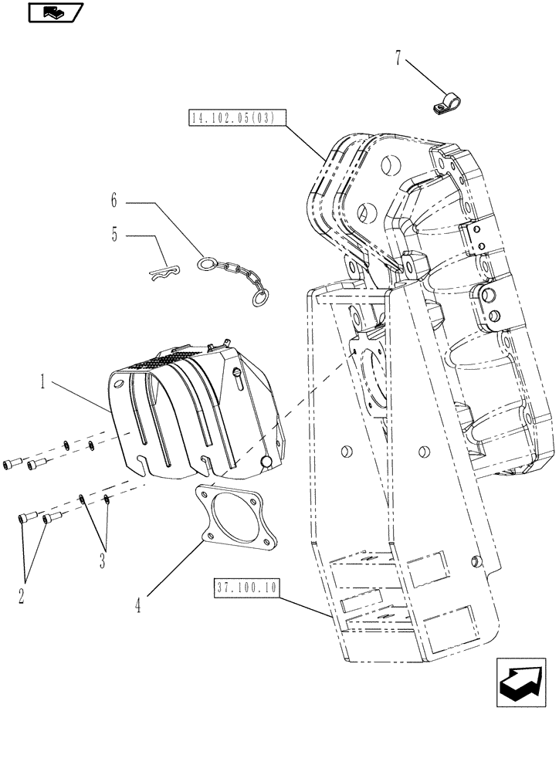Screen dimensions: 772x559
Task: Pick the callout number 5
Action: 115,234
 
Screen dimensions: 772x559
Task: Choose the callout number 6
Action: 114,202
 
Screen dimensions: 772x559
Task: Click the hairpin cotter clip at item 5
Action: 164,270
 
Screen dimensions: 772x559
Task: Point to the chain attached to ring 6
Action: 235,273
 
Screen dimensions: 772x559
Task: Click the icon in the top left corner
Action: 53,12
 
